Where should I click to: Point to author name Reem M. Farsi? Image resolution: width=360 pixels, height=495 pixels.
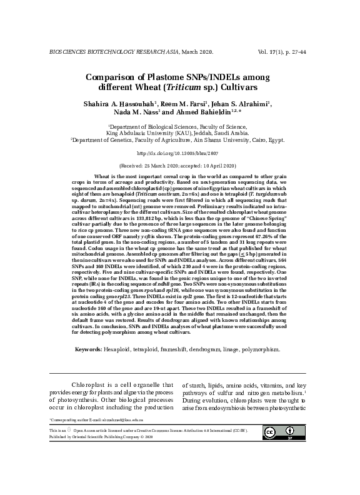click(x=179, y=104)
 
